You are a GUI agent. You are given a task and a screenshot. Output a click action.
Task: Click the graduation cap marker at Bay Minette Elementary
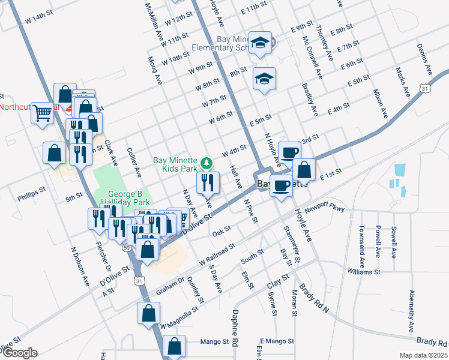261,43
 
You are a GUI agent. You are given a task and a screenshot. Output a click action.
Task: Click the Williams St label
364,272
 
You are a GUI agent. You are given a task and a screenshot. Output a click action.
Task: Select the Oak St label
221,230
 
